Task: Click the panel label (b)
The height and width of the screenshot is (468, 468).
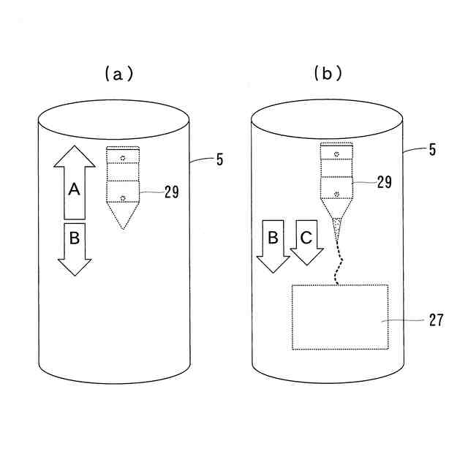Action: (328, 73)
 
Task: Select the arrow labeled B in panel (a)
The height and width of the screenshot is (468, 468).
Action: (74, 247)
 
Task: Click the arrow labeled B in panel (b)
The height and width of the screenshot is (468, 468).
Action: (273, 245)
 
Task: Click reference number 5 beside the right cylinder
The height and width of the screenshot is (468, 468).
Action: (433, 150)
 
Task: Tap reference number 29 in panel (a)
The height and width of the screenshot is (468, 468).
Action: (171, 192)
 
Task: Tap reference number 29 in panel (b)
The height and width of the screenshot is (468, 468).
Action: (384, 183)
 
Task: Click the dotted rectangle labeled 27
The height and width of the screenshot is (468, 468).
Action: (340, 316)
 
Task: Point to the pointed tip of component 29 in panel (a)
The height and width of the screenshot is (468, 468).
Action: (123, 225)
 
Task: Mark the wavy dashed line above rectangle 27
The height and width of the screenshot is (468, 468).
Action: (338, 263)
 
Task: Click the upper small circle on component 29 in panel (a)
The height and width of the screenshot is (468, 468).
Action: (123, 159)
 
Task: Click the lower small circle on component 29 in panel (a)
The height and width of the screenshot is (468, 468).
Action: (123, 197)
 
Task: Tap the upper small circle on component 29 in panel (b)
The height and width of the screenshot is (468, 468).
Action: (336, 153)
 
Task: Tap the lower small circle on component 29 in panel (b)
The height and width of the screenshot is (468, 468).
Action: (336, 193)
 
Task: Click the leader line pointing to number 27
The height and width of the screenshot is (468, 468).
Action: (406, 320)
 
